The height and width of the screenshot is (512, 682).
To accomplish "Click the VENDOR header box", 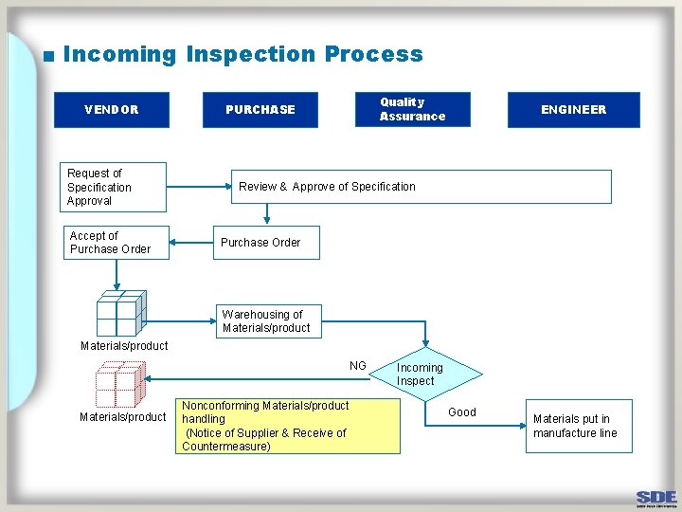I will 112,110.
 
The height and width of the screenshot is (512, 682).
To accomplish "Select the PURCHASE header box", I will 260,110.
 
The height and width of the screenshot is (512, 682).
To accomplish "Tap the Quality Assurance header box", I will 412,109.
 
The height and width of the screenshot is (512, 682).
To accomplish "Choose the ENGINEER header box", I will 573,110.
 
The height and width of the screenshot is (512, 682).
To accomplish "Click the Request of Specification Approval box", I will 112,187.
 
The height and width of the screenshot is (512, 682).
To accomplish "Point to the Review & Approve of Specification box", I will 422,187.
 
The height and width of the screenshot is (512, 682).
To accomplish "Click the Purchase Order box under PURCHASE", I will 266,243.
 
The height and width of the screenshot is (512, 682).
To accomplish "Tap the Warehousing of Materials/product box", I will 268,321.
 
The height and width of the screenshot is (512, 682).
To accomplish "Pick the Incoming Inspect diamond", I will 420,375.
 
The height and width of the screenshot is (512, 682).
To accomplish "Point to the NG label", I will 357,366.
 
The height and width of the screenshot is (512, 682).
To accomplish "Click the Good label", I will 462,411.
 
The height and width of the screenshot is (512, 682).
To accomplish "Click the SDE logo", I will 655,499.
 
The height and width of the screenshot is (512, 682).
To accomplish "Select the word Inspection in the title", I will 251,54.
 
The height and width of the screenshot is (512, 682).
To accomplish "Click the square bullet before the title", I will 47,56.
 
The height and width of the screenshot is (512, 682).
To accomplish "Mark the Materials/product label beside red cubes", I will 123,417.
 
